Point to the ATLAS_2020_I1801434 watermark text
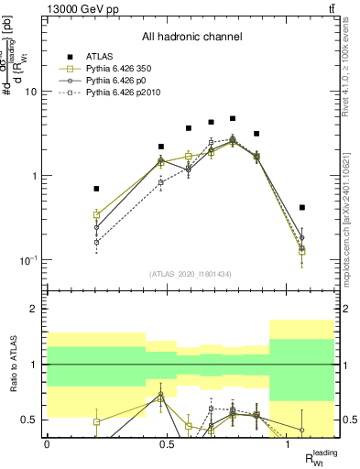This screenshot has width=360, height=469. coord(191,274)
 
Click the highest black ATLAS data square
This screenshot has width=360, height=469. coord(234,118)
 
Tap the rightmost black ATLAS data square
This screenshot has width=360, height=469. coord(302,207)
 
